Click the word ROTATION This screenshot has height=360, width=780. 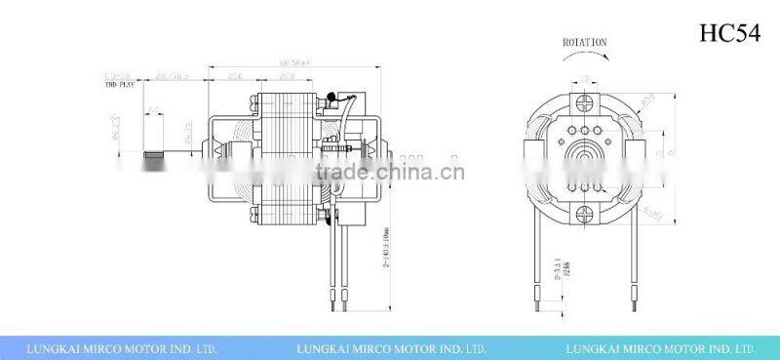coord(585,42)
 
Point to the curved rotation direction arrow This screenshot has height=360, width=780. coord(585,57)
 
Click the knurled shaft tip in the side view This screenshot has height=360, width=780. coord(151,154)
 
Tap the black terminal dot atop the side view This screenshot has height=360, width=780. coord(332,97)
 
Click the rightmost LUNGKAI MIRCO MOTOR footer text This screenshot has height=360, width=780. coord(661,346)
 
